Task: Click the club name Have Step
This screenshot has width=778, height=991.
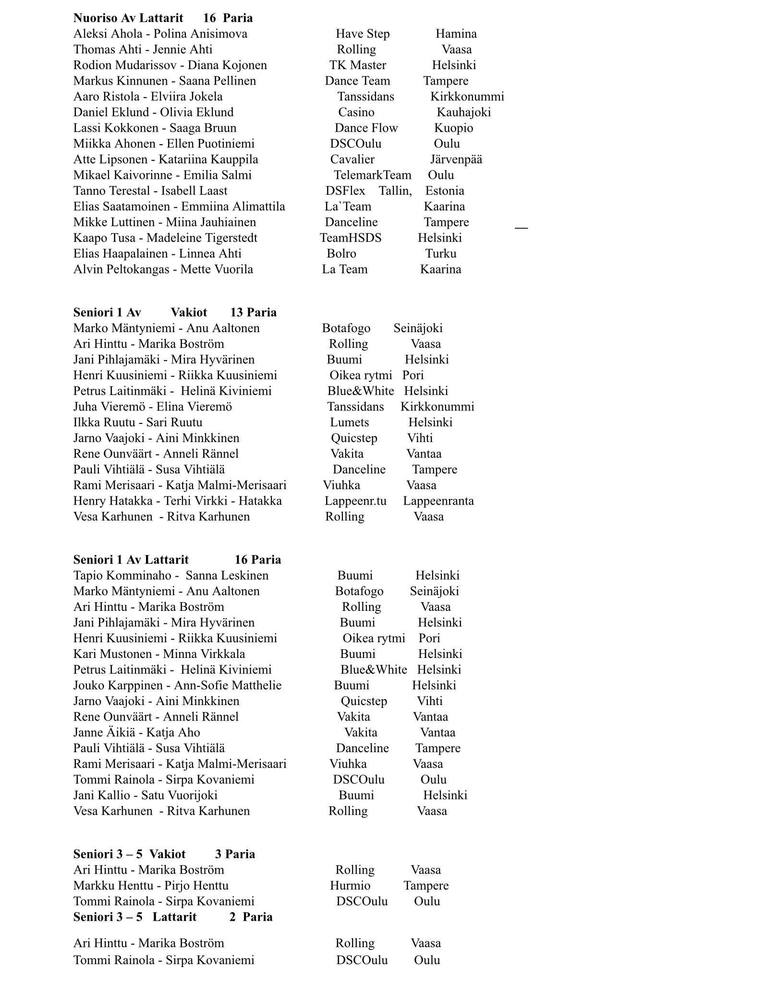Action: (363, 34)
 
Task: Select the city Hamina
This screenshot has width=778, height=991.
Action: (456, 34)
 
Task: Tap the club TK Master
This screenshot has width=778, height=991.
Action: (358, 65)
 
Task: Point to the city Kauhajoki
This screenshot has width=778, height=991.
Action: (463, 112)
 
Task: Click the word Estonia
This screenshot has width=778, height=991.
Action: (445, 191)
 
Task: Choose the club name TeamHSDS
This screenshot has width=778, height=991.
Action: (351, 238)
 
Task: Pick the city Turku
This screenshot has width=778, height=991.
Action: (440, 254)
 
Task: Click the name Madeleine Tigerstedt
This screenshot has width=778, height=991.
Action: (202, 238)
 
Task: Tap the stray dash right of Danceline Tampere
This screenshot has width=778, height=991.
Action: (521, 228)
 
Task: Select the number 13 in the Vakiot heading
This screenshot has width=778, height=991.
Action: (237, 313)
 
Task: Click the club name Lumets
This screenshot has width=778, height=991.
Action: (349, 422)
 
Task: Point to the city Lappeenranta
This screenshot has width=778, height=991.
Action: (438, 501)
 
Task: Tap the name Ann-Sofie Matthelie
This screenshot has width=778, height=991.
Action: (228, 685)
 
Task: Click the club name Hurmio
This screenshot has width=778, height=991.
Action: (350, 885)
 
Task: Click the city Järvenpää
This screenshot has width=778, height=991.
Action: (456, 160)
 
